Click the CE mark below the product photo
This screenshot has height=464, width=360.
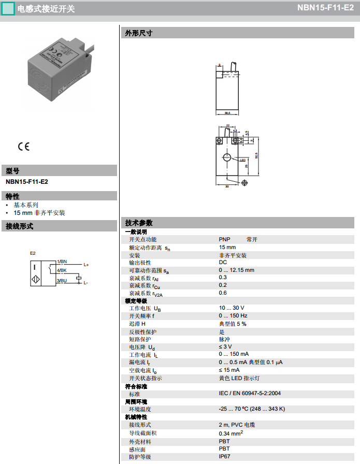pos(24,146)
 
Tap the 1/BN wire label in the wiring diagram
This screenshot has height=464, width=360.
pos(62,262)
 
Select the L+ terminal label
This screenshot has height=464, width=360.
pos(87,265)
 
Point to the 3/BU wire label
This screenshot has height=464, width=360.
pos(62,280)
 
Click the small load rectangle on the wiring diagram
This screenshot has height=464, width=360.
pos(78,278)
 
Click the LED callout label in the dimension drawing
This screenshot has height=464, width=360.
pos(242,160)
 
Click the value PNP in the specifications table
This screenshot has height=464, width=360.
pos(224,240)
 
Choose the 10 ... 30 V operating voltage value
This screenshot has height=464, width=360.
pos(231,308)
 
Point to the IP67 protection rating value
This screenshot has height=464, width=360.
pos(224,457)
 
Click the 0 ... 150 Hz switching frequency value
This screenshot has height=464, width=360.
pos(233,316)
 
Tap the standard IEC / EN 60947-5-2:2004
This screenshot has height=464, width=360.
pos(250,394)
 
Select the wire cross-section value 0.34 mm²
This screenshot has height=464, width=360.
pos(231,433)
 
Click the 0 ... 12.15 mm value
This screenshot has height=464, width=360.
pos(236,270)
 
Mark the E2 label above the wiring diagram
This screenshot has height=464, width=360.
pos(33,253)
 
